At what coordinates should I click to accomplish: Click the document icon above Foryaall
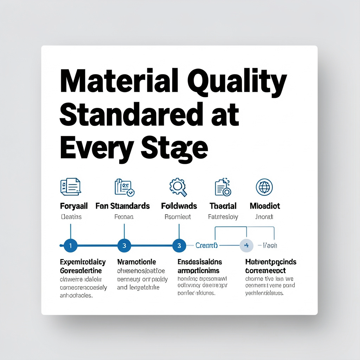pos(70,186)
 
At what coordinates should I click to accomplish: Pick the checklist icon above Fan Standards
pos(124,187)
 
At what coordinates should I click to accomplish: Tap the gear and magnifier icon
pos(179,186)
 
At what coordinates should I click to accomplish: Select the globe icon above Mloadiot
pos(264,187)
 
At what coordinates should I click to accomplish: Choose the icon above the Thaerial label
pos(223,187)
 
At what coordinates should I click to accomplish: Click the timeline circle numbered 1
pos(71,246)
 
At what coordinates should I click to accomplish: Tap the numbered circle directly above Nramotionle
pos(124,246)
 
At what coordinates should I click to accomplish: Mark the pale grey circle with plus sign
pos(246,245)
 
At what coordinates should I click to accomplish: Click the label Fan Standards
pos(123,206)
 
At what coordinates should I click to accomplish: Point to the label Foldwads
pos(179,206)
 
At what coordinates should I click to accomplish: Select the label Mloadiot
pos(265,206)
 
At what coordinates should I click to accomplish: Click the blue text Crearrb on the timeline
pos(206,245)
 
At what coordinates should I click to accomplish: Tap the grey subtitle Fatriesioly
pos(223,217)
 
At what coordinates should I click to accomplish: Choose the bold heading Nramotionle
pos(136,262)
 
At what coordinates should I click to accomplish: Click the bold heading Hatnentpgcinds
pos(270,262)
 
